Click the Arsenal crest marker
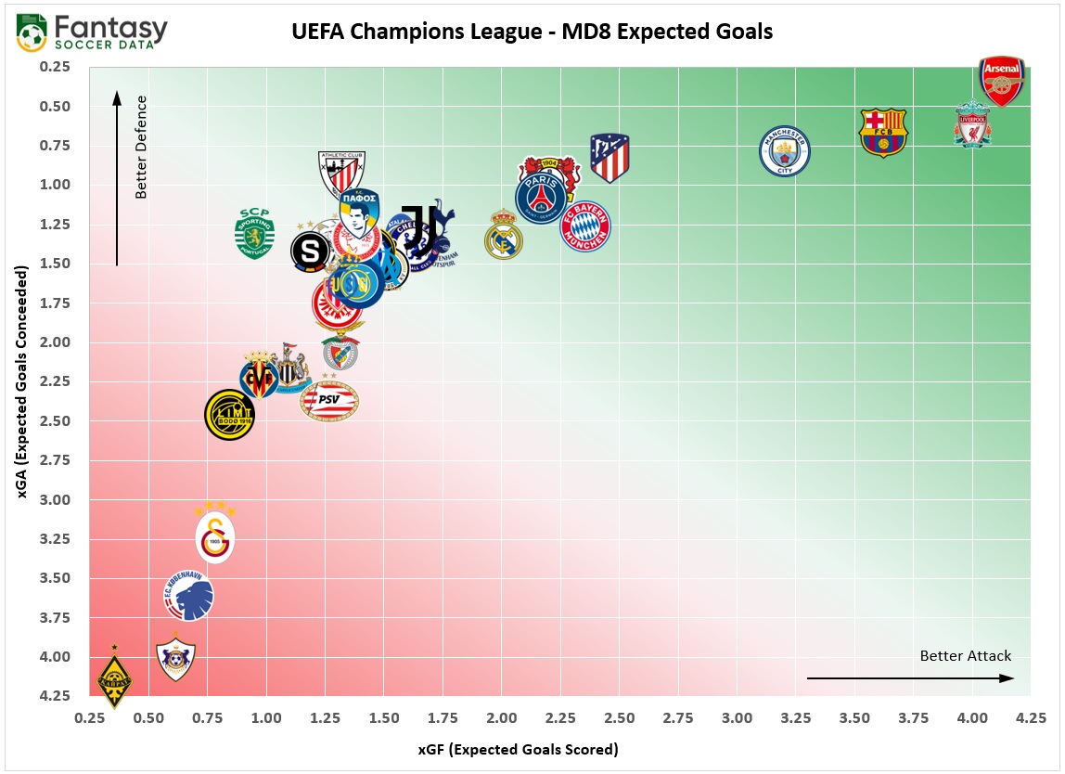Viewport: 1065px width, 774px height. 1002,82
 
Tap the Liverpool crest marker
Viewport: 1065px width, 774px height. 972,125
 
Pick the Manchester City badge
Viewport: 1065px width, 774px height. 784,151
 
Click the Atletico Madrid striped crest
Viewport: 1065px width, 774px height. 609,158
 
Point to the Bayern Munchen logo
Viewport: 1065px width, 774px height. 585,226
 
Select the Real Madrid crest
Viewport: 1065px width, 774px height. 504,235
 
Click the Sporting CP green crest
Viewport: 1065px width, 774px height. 254,234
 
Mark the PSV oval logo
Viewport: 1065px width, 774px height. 329,401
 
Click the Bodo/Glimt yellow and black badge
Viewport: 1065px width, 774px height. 229,415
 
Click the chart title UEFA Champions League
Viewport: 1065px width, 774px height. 532,32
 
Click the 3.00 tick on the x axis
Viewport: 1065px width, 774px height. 737,718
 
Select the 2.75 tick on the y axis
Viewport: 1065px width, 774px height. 60,460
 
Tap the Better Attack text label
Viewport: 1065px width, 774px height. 965,656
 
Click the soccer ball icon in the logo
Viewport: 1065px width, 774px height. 32,35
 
